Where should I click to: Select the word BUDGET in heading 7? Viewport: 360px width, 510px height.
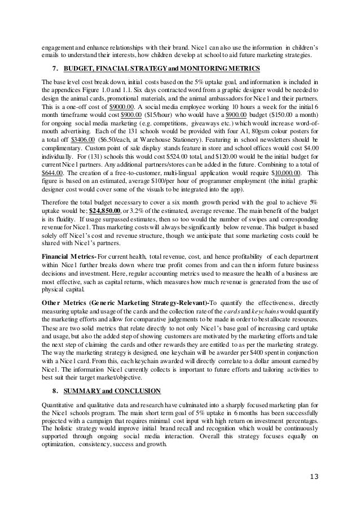point(80,69)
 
